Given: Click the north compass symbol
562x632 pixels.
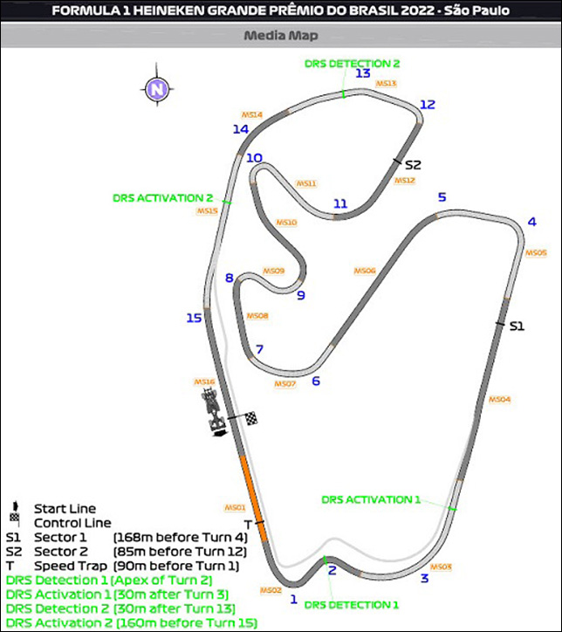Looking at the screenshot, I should click(x=156, y=89).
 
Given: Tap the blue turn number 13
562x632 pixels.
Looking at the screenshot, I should click(x=363, y=74).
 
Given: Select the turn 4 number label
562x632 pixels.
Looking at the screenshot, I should click(x=531, y=221).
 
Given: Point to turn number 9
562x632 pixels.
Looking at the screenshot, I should click(x=300, y=295).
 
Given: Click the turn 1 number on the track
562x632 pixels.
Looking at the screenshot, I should click(x=294, y=600).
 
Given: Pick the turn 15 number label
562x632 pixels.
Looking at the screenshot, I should click(x=194, y=318).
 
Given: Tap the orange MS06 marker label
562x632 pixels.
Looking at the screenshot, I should click(x=365, y=271).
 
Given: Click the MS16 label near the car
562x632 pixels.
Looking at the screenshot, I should click(x=204, y=381).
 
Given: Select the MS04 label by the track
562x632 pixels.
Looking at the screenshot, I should click(x=499, y=399).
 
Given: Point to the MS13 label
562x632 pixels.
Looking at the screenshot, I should click(x=387, y=84).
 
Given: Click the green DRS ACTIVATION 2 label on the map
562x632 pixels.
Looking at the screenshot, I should click(x=163, y=198).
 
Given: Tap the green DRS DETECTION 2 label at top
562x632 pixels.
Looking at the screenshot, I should click(x=353, y=63).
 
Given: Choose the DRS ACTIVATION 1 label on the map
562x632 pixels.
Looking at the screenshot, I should click(x=371, y=499).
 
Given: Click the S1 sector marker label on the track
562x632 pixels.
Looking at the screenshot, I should click(x=517, y=326).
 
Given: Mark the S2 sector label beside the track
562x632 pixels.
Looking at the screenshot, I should click(x=413, y=165).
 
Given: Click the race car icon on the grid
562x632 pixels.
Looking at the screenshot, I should click(x=212, y=411).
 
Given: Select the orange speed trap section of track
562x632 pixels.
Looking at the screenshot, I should click(x=246, y=490).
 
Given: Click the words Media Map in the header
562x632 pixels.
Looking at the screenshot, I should click(x=281, y=36).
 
